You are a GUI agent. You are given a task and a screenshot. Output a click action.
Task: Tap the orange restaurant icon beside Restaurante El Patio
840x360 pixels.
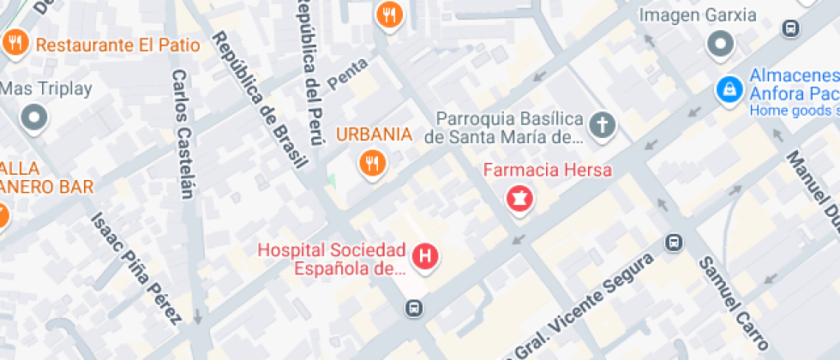pos(15,42)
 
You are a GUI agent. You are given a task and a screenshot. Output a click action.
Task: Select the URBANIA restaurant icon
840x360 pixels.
pos(371,162)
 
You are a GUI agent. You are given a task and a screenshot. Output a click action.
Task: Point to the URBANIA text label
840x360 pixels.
pos(374,135)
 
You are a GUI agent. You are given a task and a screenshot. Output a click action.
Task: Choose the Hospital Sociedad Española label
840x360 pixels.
pos(332,259)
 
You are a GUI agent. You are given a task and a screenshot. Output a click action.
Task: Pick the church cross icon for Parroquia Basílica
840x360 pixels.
pos(603,125)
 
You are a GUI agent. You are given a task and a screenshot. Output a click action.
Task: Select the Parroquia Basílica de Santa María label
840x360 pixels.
pos(509,127)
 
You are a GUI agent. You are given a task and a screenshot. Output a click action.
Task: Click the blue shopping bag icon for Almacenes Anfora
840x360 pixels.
pos(729,87)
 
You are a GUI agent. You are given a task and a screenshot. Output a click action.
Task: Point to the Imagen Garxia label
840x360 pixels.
pos(699,15)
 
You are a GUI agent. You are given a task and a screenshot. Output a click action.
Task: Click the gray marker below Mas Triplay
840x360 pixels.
pos(35,117)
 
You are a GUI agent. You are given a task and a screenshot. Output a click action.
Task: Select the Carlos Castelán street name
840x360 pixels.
pos(183,133)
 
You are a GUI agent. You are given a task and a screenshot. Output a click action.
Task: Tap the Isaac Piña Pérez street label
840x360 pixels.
pos(137,268)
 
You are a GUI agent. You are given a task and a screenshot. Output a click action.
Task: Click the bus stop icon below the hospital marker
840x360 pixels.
pos(414,307)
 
